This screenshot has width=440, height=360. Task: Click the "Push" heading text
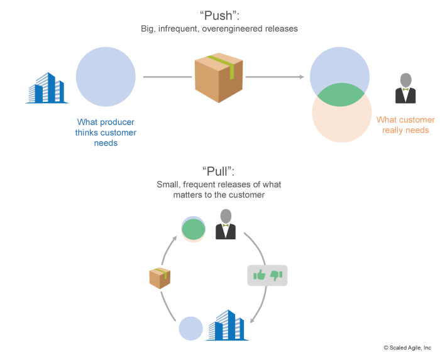(x=219, y=14)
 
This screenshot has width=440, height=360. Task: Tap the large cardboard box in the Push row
(x=218, y=77)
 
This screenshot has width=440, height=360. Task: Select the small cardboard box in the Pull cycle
(x=160, y=278)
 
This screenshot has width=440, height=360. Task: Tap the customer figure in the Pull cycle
(x=226, y=225)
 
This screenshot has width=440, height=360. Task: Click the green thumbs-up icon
(x=259, y=275)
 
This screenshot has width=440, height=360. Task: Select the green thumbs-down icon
(x=276, y=275)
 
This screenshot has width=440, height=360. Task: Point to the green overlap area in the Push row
(x=339, y=95)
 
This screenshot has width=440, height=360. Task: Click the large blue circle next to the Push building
(x=106, y=76)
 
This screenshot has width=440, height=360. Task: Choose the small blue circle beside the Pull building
(x=191, y=329)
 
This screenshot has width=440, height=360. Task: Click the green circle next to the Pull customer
(x=194, y=229)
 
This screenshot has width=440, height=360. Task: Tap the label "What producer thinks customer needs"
(x=106, y=132)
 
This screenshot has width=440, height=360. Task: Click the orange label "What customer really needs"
(x=405, y=125)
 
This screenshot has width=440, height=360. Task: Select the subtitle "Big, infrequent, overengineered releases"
(x=219, y=29)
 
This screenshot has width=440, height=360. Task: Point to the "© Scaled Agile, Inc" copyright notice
(x=407, y=347)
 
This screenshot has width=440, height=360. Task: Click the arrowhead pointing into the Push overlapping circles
(x=302, y=77)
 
